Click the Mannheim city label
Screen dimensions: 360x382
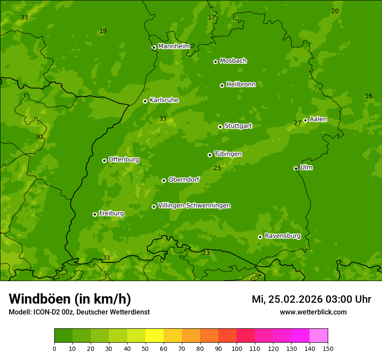(174, 46)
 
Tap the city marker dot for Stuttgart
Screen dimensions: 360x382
(220, 127)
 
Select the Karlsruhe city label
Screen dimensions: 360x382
(164, 100)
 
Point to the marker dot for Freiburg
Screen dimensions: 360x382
(95, 214)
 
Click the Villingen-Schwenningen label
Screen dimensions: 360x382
(194, 206)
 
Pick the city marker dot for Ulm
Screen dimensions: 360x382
(296, 168)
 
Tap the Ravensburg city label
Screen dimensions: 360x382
(282, 236)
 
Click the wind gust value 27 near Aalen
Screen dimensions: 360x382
(297, 123)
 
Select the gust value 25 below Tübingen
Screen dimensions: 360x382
(217, 168)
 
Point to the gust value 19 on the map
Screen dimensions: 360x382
(103, 31)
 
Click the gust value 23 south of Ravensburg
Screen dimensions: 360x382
(206, 253)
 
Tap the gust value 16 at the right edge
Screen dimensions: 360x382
(369, 96)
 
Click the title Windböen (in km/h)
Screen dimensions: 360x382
(70, 299)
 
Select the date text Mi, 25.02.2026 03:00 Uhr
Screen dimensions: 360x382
(311, 299)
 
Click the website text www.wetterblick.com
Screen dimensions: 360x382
(313, 312)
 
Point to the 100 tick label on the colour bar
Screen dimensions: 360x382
(237, 348)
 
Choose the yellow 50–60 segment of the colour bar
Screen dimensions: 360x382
(155, 336)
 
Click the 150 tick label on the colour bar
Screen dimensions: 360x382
(328, 348)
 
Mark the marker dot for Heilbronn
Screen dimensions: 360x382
(222, 85)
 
